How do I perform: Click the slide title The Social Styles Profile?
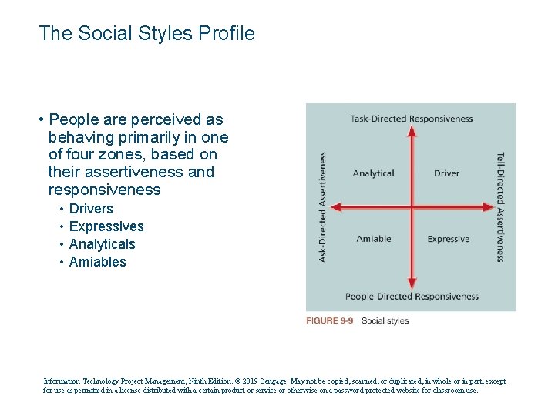(146, 34)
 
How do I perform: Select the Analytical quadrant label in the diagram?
(373, 173)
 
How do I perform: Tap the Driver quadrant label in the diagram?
(446, 173)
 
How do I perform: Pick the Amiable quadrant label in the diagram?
(373, 239)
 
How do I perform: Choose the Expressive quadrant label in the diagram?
(448, 239)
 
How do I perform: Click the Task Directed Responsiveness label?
(411, 119)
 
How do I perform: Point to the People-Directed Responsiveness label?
(412, 297)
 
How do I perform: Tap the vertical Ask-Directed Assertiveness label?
(322, 206)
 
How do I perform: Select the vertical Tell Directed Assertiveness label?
(500, 206)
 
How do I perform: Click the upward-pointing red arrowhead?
(412, 131)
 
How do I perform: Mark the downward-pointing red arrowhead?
(412, 284)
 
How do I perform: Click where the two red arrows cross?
(412, 207)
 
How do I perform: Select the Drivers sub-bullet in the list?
(91, 209)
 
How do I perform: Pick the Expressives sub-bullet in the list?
(106, 226)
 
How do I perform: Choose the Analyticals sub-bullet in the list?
(102, 244)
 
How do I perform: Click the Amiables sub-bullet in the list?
(97, 262)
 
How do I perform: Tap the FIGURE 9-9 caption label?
(329, 321)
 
